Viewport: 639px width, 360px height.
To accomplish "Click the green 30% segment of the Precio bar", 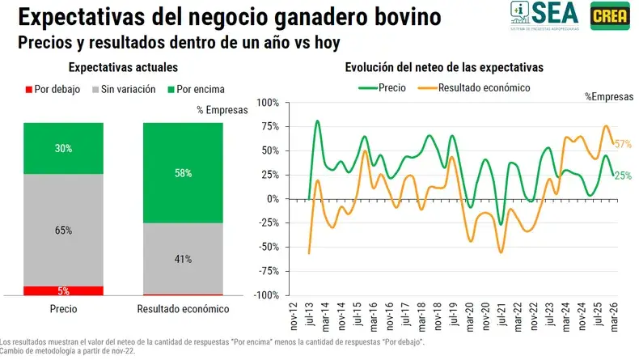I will (x=64, y=148).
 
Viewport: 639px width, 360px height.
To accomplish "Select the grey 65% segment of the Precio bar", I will (x=64, y=230).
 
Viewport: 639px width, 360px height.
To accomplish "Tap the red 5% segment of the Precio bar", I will (x=64, y=290).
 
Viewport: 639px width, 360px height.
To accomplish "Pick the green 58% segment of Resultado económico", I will (x=182, y=172).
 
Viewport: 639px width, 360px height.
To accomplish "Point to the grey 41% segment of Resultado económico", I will (x=182, y=259).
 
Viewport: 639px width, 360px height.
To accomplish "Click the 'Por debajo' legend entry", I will (x=53, y=90).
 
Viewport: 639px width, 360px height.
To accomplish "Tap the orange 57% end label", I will (x=623, y=145).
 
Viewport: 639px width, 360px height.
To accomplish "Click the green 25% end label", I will (x=622, y=176).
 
